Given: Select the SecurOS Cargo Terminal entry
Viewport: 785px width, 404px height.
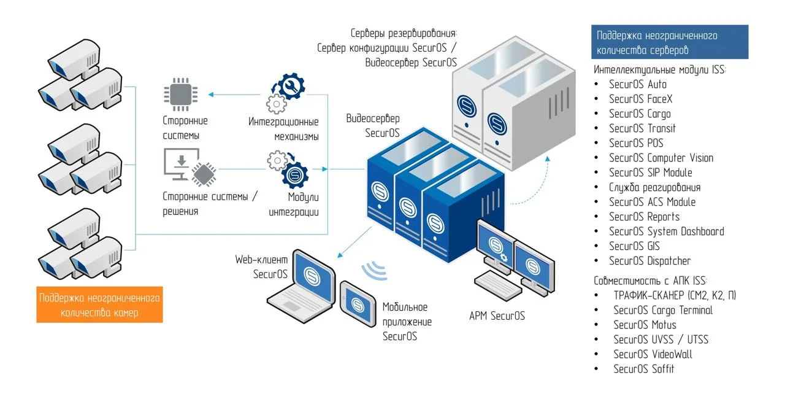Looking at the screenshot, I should (x=663, y=310).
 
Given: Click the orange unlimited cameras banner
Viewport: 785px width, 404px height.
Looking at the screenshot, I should (x=99, y=305).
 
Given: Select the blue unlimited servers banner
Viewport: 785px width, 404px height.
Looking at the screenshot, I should (x=670, y=42).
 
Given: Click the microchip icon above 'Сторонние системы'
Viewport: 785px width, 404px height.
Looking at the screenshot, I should (x=177, y=95).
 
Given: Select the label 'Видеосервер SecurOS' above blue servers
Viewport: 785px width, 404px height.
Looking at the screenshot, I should (x=373, y=125).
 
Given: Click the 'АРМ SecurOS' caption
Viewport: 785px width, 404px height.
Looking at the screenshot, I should (x=497, y=316).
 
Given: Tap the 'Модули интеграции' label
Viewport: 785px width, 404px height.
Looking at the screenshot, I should (x=294, y=204).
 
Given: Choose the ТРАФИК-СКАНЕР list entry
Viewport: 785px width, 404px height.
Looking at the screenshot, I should (x=675, y=295).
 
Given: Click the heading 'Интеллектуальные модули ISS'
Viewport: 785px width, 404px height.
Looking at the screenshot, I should (x=660, y=70).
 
